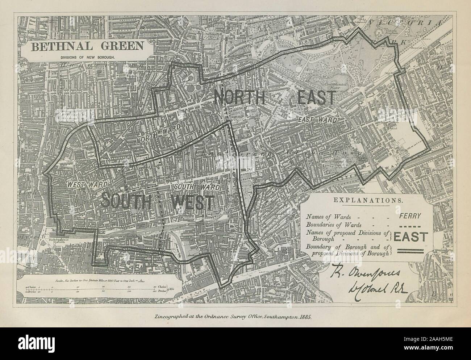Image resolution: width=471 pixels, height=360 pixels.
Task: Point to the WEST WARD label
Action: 81,184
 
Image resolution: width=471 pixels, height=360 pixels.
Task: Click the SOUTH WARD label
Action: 197,187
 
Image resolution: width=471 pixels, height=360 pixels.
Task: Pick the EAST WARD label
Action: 317,119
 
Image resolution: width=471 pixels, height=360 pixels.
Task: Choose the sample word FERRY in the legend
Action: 410,216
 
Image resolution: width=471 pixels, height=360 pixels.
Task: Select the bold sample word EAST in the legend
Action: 410,237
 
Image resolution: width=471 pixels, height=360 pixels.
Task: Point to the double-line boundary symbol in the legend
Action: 410,251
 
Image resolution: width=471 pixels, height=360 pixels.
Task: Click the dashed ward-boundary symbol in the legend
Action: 410,225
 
